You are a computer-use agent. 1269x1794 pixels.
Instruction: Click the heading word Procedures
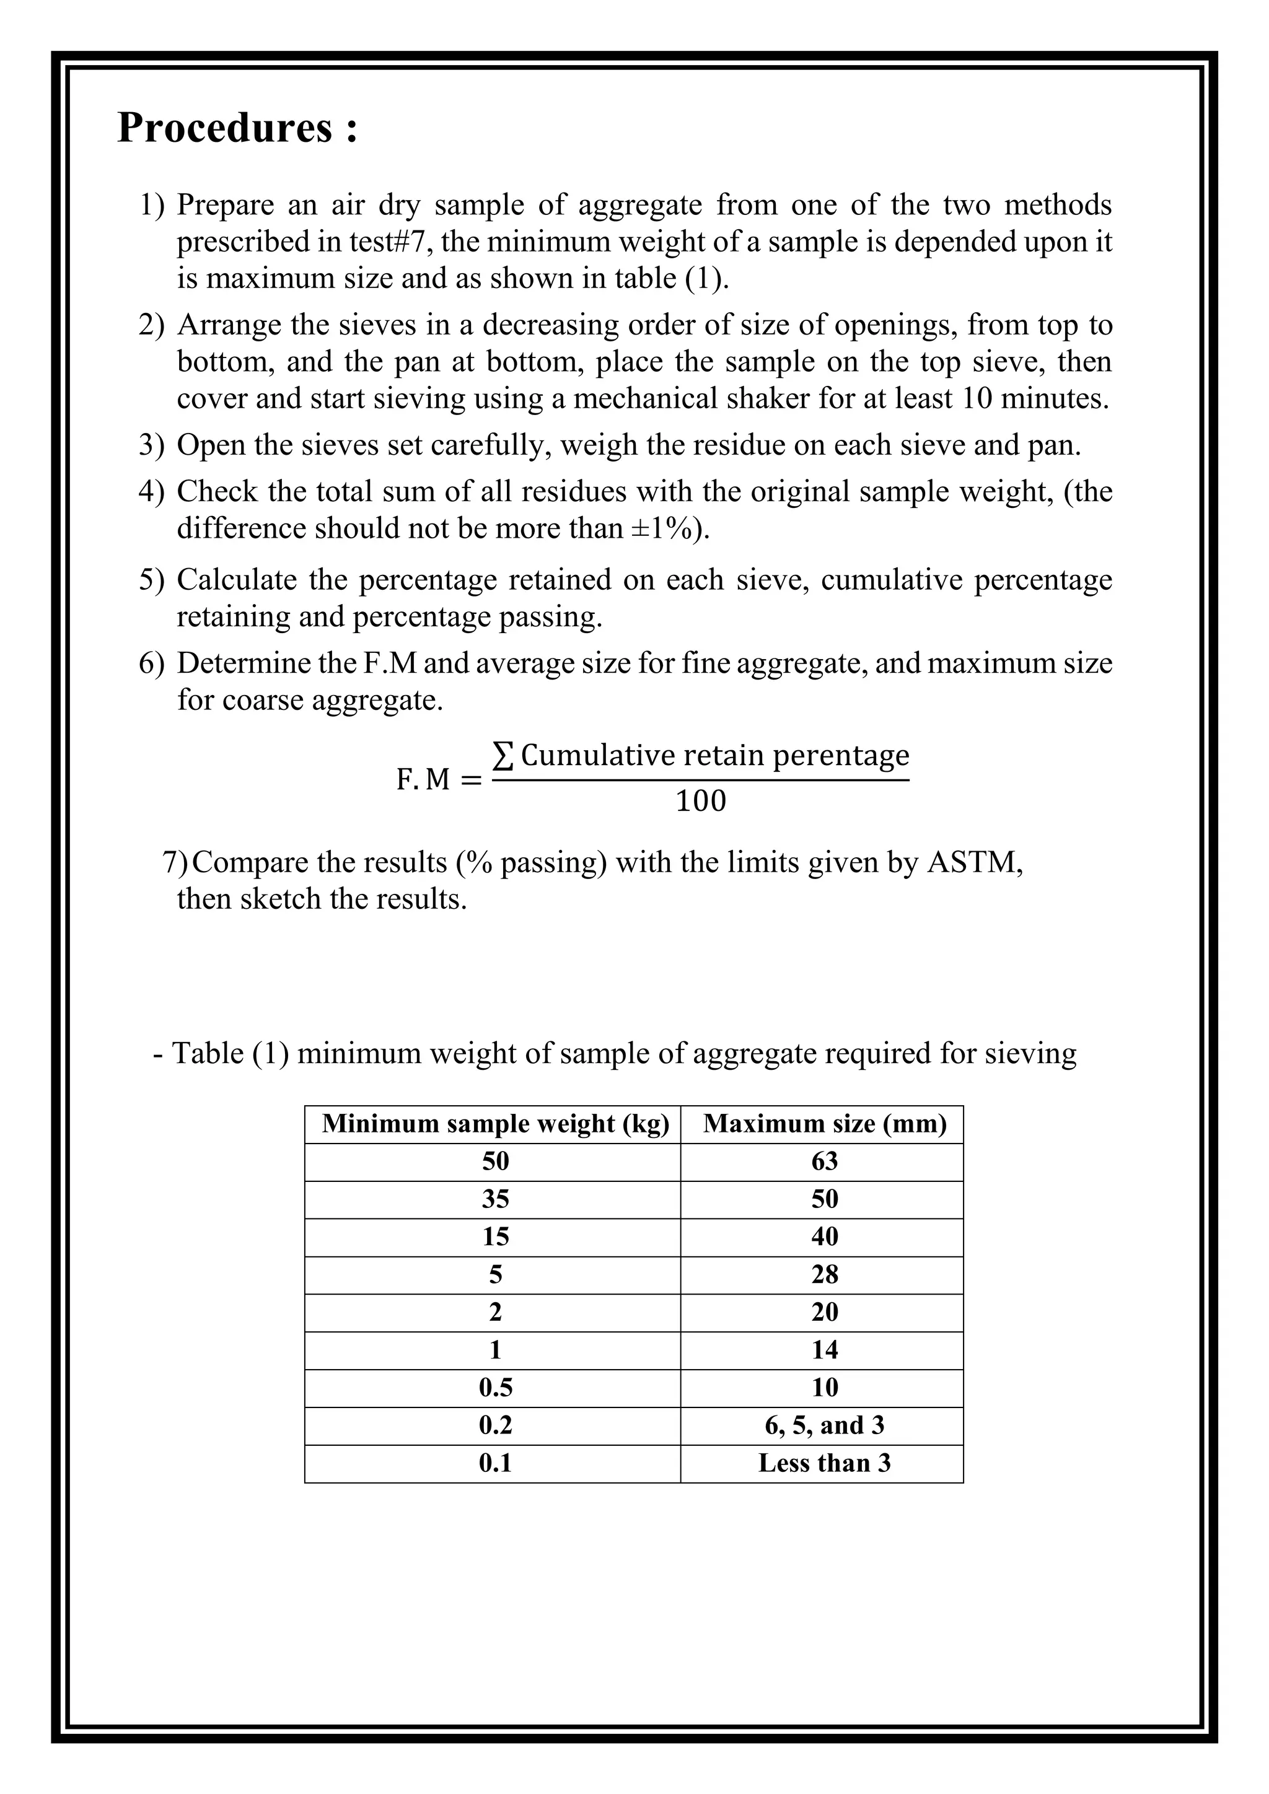tap(225, 128)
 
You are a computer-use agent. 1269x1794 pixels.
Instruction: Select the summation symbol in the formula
tap(503, 756)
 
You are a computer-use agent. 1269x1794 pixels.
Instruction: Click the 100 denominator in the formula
tap(700, 801)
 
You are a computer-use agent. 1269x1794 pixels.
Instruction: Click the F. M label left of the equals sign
tap(423, 779)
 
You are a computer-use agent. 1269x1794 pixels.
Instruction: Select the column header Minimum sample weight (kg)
tap(496, 1124)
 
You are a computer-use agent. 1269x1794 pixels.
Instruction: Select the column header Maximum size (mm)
tap(824, 1124)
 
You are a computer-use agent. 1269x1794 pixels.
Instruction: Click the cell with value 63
tap(824, 1161)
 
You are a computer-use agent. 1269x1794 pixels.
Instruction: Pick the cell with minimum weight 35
tap(496, 1199)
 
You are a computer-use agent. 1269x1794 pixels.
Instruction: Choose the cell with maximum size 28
tap(824, 1274)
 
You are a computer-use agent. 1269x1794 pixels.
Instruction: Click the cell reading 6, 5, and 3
tap(824, 1425)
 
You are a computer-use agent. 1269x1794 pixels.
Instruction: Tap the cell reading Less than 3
tap(824, 1463)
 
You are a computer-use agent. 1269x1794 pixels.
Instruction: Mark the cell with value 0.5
tap(496, 1388)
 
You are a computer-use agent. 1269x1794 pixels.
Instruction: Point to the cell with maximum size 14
tap(824, 1349)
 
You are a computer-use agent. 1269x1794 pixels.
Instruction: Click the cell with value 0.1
tap(496, 1463)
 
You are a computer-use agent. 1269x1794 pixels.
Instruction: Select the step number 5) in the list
tap(152, 580)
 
